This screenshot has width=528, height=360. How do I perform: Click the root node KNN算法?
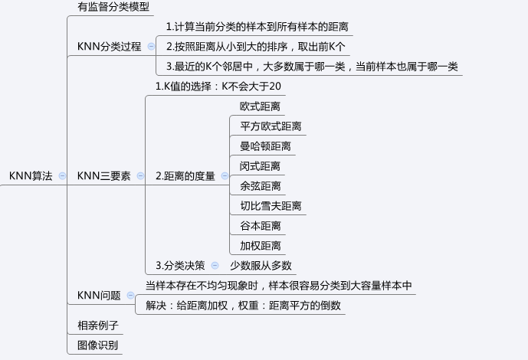point(31,175)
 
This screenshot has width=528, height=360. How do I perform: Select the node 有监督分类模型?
point(113,7)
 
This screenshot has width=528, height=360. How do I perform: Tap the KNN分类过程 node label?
point(109,46)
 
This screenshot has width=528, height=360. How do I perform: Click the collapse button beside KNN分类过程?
point(151,46)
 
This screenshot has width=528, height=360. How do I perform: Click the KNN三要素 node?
point(103,175)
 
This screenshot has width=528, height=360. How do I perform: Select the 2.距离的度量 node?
point(185,175)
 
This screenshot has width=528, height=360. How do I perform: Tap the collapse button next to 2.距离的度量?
point(225,175)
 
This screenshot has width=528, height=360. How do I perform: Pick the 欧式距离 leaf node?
point(260,106)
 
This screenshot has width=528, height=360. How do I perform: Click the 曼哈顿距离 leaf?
point(265,146)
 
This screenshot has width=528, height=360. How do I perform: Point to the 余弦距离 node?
point(260,185)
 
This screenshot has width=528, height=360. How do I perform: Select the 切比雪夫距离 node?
point(270,205)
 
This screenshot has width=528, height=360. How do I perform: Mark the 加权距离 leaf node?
point(260,245)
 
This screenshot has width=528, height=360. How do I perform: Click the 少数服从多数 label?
point(261,265)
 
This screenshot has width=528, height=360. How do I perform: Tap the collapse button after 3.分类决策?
point(215,265)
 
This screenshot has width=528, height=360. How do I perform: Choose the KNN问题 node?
point(99,295)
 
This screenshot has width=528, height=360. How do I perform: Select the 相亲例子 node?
point(98,325)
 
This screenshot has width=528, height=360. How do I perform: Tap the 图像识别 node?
point(98,345)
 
